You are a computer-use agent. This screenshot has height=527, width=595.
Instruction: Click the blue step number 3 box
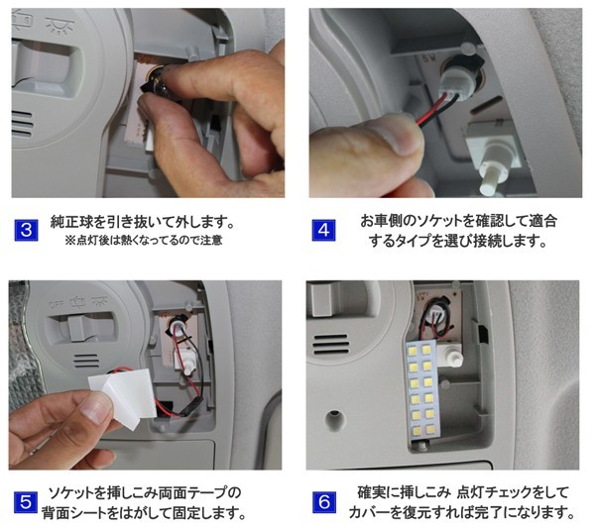point(26,230)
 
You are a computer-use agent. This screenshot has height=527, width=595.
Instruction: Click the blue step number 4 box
point(323,230)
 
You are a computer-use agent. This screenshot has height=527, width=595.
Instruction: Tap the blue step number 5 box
point(26,502)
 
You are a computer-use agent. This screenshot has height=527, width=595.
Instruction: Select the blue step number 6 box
point(323,502)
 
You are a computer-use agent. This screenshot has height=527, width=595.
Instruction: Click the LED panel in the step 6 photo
point(422,389)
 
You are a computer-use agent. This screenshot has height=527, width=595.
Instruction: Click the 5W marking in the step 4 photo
point(428,58)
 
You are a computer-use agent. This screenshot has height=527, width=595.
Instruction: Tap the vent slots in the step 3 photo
point(22,124)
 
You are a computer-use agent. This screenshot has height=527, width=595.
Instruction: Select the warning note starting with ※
point(144,241)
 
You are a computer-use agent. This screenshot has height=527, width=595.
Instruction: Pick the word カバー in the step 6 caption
point(369,512)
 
